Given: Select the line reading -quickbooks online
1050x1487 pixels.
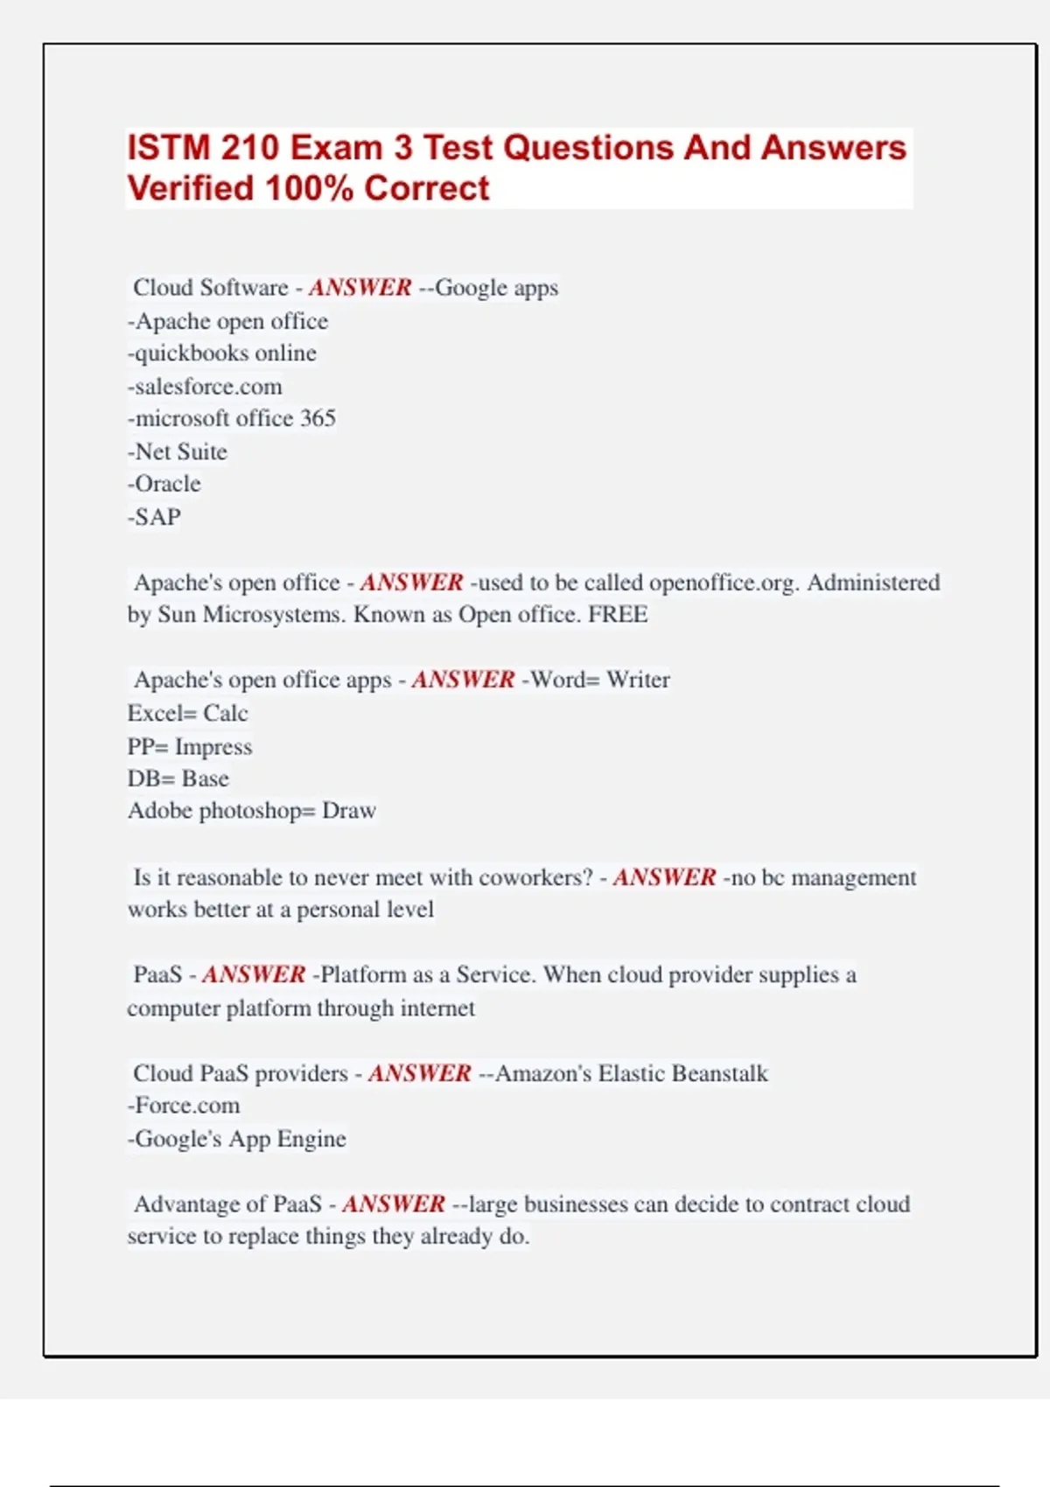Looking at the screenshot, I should click(x=222, y=353).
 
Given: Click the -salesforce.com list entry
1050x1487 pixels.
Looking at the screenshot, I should click(x=205, y=387).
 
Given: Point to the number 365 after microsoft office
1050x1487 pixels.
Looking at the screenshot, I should click(x=318, y=419).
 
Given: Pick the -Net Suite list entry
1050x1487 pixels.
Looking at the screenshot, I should click(x=178, y=452).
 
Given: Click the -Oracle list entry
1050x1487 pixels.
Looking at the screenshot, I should click(x=164, y=484).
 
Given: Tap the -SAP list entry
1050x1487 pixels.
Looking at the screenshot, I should click(x=155, y=517).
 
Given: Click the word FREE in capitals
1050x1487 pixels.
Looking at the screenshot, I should click(x=618, y=615).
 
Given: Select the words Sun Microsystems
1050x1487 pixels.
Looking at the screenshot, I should click(x=252, y=615).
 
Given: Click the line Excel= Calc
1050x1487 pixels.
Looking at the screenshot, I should click(x=188, y=714).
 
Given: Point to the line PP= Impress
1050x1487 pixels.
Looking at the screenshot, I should click(x=190, y=747).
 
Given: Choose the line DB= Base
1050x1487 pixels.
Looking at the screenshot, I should click(x=178, y=779).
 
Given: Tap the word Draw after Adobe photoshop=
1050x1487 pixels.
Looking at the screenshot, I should click(x=349, y=811).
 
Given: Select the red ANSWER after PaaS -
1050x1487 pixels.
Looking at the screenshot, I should click(x=254, y=974).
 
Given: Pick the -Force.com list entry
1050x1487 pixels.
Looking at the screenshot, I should click(x=184, y=1106).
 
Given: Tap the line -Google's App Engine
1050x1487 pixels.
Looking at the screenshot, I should click(x=237, y=1139).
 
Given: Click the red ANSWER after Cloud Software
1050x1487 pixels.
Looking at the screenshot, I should click(x=360, y=288).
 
